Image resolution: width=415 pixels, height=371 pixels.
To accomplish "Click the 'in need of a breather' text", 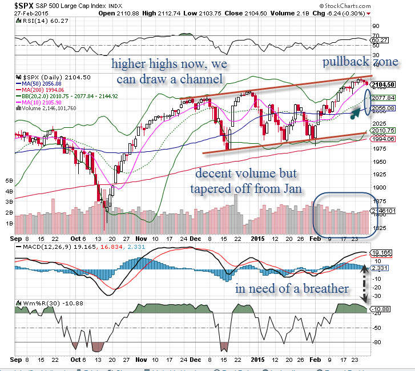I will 292,289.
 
